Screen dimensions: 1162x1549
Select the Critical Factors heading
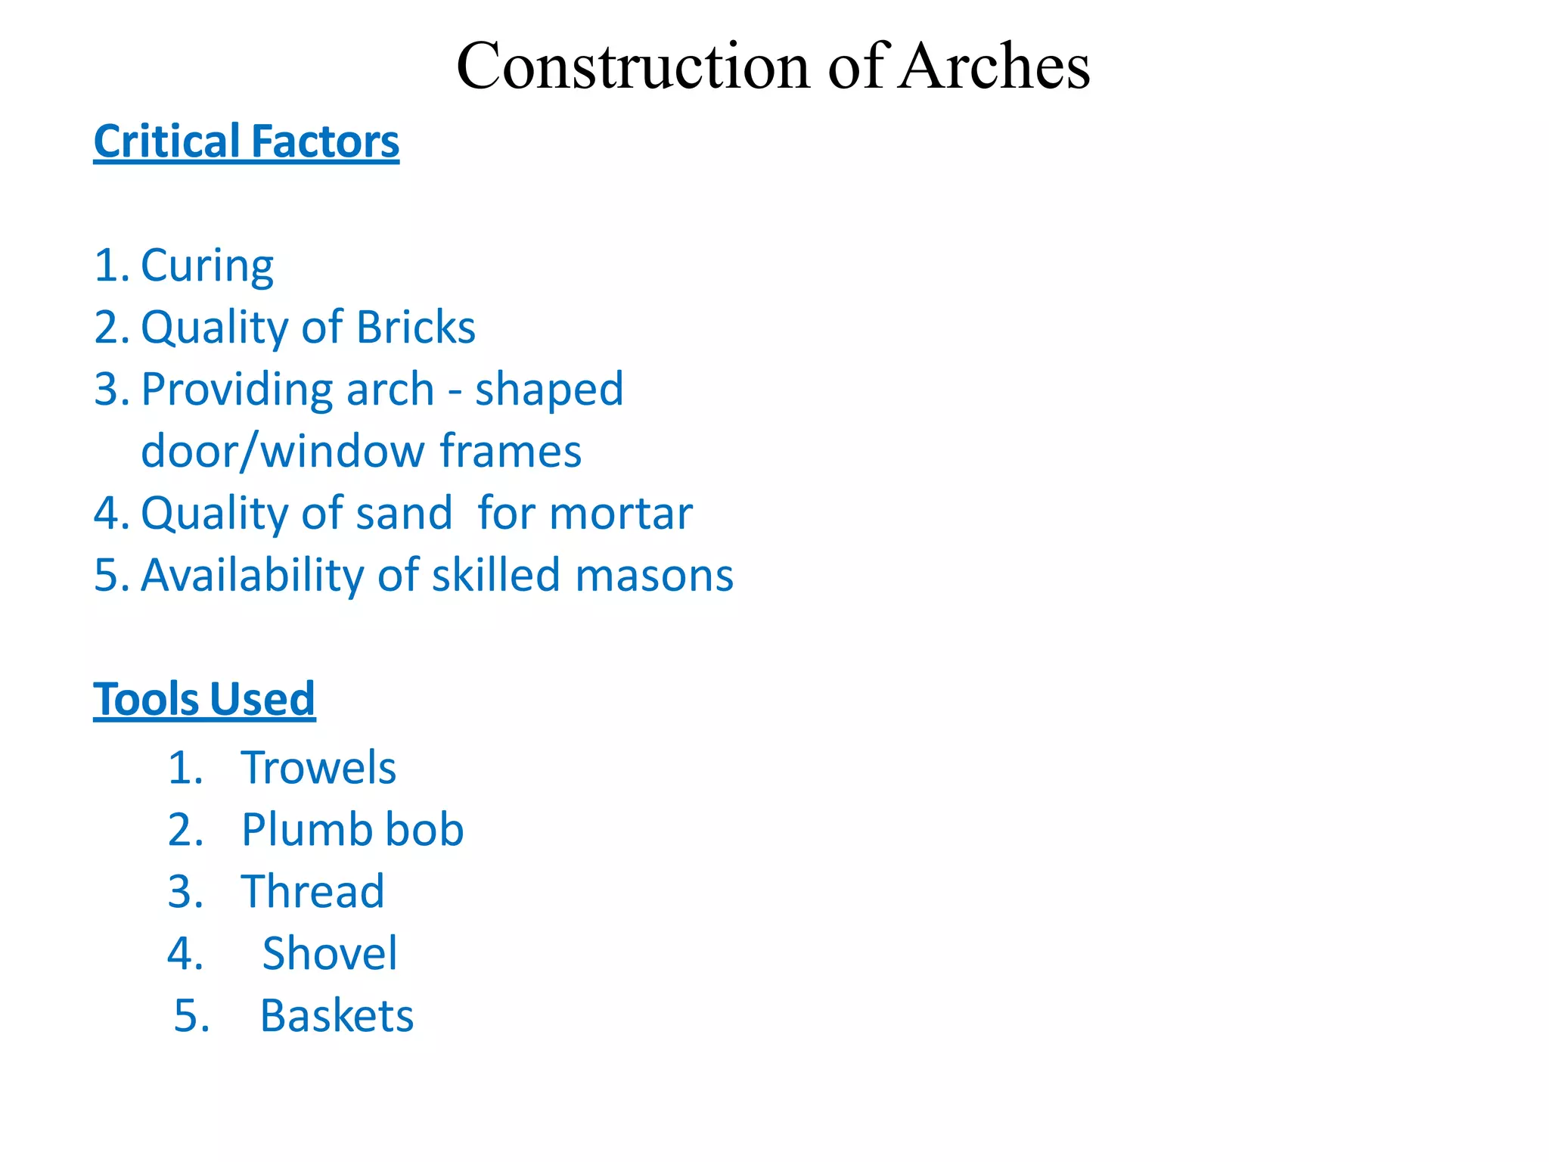click(246, 142)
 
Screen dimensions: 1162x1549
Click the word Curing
click(206, 266)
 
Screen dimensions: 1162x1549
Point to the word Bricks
click(415, 328)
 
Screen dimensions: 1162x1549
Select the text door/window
click(283, 452)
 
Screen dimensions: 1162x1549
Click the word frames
click(511, 452)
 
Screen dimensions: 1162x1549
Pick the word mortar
click(621, 514)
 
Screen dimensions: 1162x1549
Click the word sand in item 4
click(404, 514)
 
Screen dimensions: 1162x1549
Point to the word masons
click(654, 576)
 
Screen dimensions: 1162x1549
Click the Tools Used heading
click(204, 699)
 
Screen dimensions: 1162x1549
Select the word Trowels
click(318, 768)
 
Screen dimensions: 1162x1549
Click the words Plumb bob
click(352, 830)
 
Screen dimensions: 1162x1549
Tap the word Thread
click(312, 892)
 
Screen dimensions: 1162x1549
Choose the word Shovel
click(329, 953)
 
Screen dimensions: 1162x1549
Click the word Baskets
click(337, 1016)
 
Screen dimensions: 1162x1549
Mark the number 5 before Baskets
click(186, 1016)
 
